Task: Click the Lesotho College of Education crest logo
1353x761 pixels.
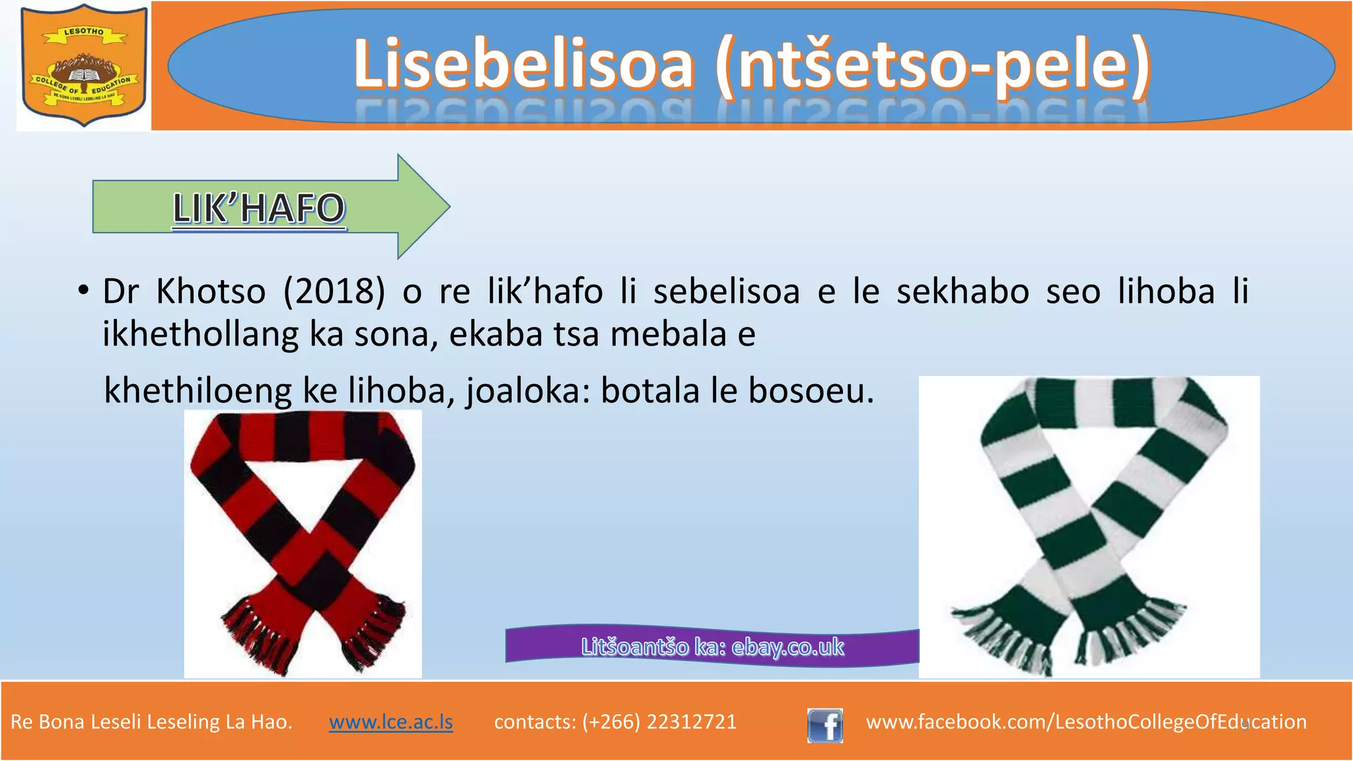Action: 83,66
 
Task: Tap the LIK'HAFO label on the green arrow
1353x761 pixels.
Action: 259,208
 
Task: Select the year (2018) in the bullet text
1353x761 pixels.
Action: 334,291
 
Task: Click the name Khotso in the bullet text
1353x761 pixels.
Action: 211,291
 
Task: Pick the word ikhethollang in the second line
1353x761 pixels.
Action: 200,334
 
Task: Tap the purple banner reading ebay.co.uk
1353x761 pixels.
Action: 712,646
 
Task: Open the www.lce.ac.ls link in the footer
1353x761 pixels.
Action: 391,721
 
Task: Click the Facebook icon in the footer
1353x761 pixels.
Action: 824,725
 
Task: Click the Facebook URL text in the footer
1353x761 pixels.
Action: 1086,721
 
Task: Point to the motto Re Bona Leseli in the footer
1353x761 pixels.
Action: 151,721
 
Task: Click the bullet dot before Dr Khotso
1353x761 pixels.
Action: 83,291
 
